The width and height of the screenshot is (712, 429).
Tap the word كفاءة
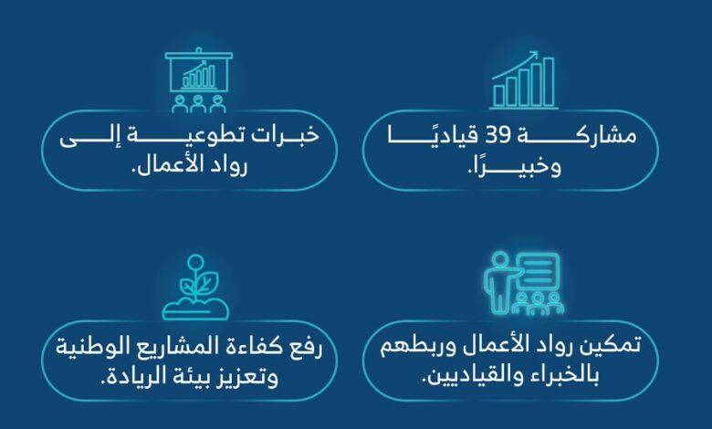[254, 349]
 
